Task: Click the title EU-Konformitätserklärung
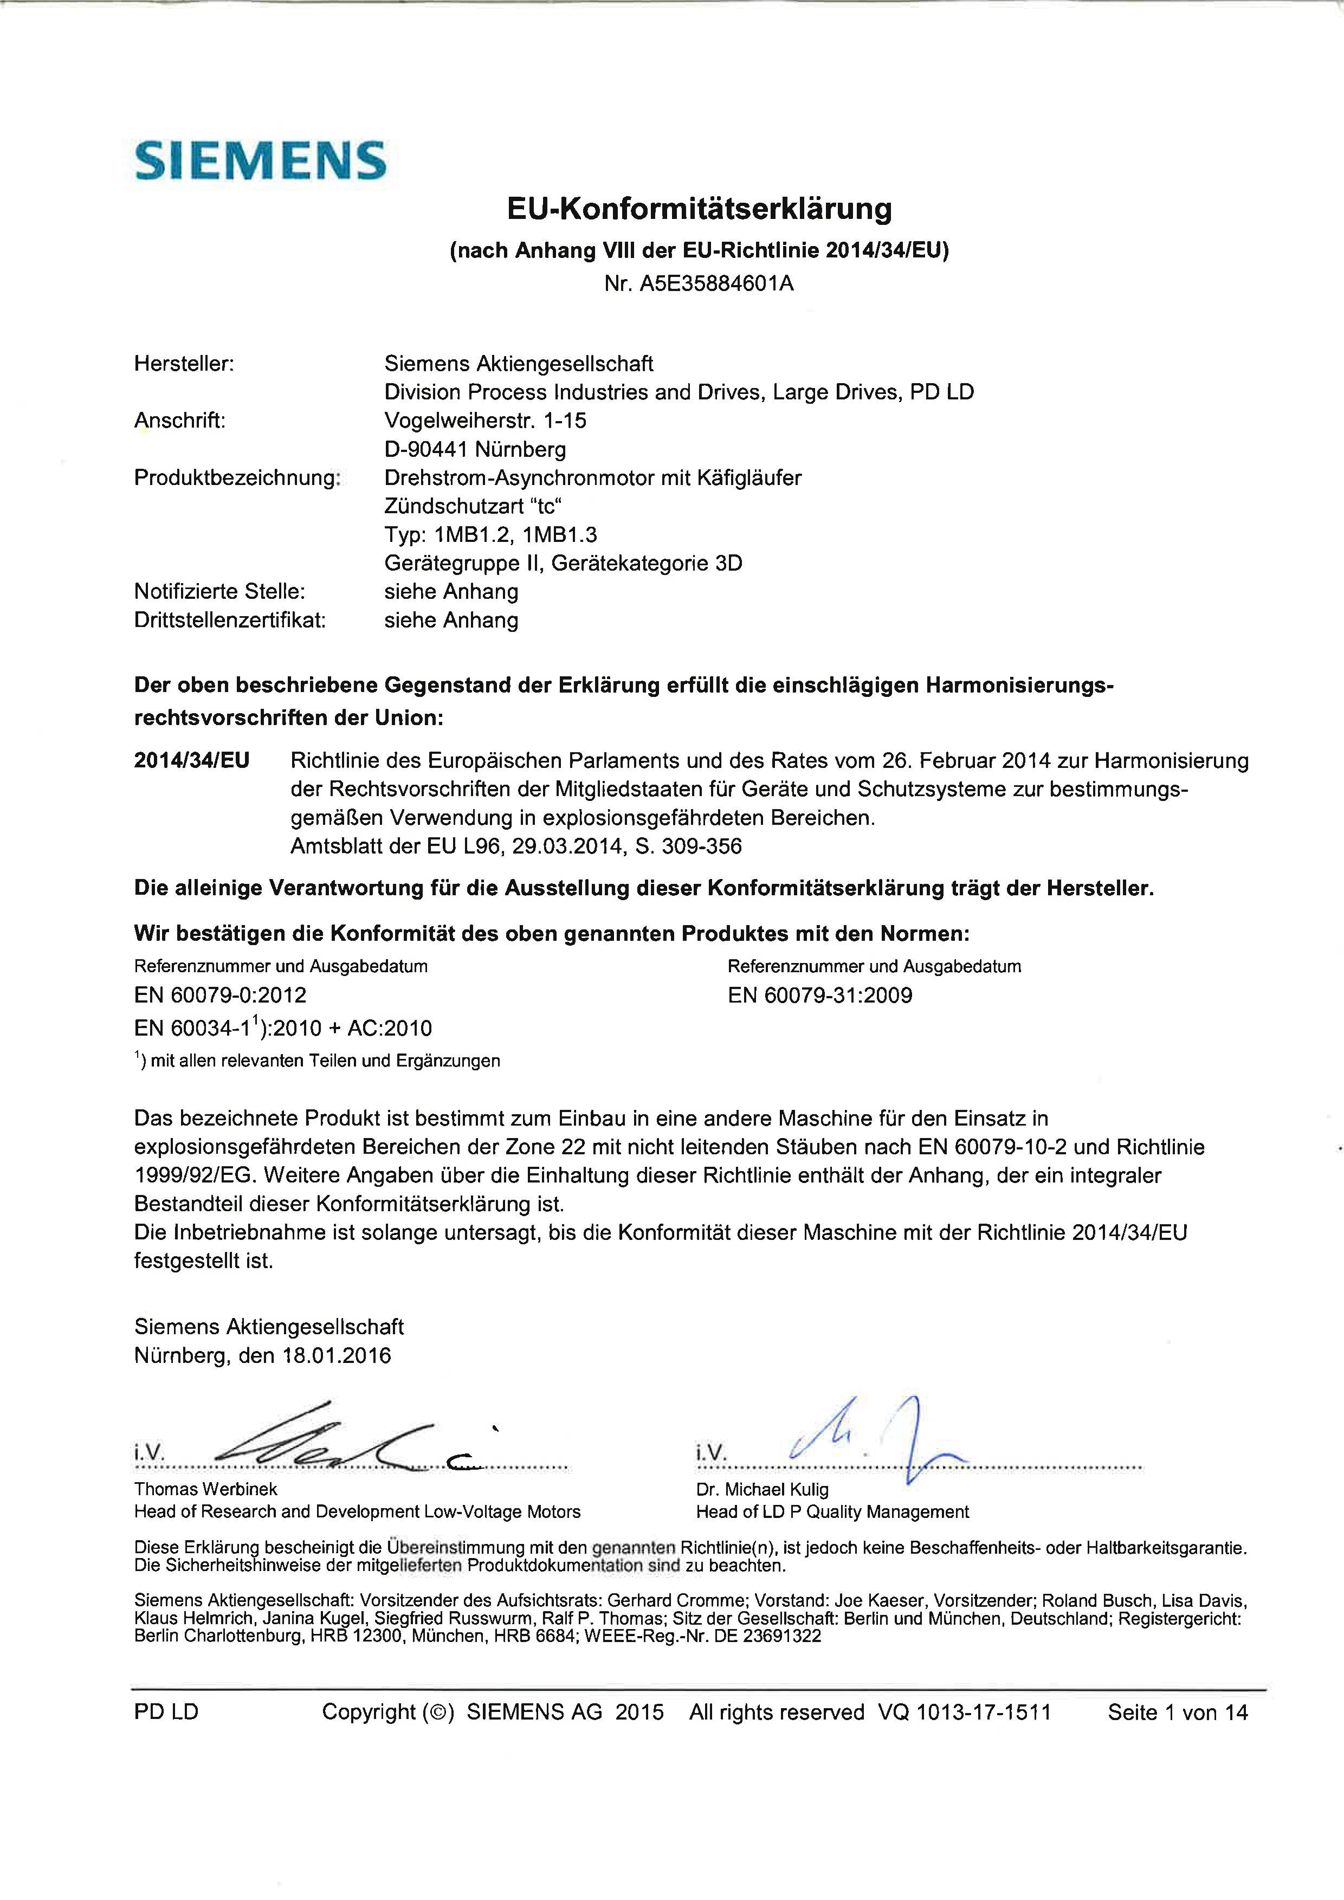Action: pyautogui.click(x=699, y=209)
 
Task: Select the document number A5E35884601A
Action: pyautogui.click(x=716, y=284)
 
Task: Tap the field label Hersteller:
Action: pyautogui.click(x=184, y=363)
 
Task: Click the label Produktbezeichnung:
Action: pyautogui.click(x=237, y=477)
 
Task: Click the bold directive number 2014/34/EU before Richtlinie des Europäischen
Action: pyautogui.click(x=192, y=760)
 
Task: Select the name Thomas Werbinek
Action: pyautogui.click(x=206, y=1489)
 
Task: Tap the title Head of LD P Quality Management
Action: pyautogui.click(x=832, y=1512)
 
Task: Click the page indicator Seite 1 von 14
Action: pyautogui.click(x=1177, y=1712)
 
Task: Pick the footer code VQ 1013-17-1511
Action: pyautogui.click(x=964, y=1712)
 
